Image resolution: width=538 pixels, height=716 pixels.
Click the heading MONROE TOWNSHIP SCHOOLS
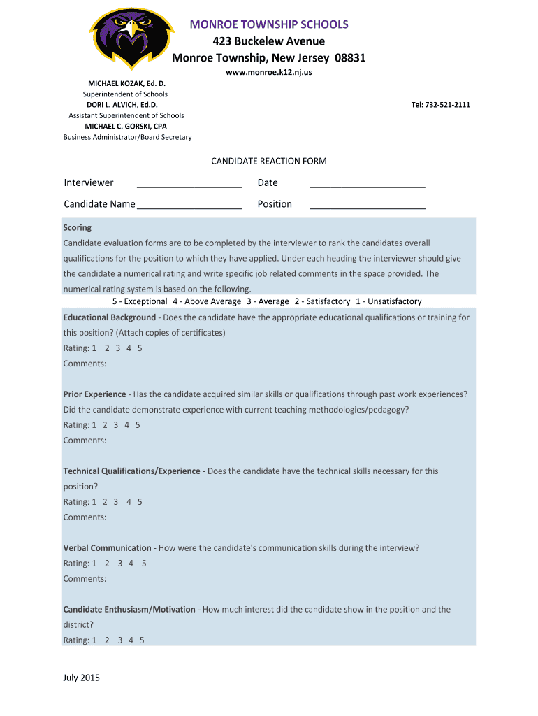(x=269, y=25)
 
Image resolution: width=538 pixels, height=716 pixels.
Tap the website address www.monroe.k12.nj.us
(x=268, y=73)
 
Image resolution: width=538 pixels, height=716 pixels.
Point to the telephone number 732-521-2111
(x=449, y=105)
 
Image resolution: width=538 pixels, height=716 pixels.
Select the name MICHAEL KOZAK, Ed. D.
(x=126, y=83)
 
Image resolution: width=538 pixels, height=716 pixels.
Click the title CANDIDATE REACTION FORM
(x=269, y=162)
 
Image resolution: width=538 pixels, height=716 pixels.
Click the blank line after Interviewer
(x=189, y=185)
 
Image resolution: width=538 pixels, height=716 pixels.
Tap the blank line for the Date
(x=368, y=185)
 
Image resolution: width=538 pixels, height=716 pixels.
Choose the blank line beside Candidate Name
(x=189, y=206)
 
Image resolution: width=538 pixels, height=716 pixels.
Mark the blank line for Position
(x=368, y=206)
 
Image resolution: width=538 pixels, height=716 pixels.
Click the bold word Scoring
(x=78, y=228)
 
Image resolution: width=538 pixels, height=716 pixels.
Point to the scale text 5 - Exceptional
(x=140, y=301)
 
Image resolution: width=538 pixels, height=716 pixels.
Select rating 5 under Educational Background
(x=140, y=348)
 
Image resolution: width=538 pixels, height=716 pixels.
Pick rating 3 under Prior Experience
(x=115, y=425)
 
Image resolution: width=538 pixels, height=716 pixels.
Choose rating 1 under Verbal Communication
(x=94, y=564)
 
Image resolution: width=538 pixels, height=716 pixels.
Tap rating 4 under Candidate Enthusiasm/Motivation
(x=131, y=640)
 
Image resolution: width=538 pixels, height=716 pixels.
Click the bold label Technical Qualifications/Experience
(x=132, y=471)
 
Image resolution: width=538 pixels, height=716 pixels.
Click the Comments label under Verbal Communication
(x=85, y=579)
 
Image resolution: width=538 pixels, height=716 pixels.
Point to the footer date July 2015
(x=82, y=678)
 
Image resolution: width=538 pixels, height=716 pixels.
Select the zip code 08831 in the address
(x=350, y=57)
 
